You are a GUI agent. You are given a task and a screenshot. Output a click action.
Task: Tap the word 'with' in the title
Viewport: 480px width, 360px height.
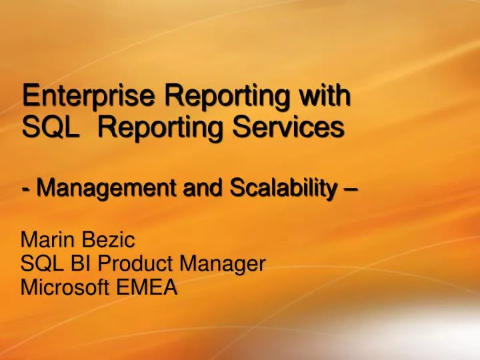(x=326, y=95)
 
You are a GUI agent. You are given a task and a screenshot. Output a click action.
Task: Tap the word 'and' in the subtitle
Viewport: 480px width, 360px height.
(x=205, y=189)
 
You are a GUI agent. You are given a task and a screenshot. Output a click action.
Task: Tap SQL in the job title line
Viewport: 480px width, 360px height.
(x=38, y=263)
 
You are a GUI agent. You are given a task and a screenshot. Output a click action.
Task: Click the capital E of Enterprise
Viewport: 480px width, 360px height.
(x=29, y=96)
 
